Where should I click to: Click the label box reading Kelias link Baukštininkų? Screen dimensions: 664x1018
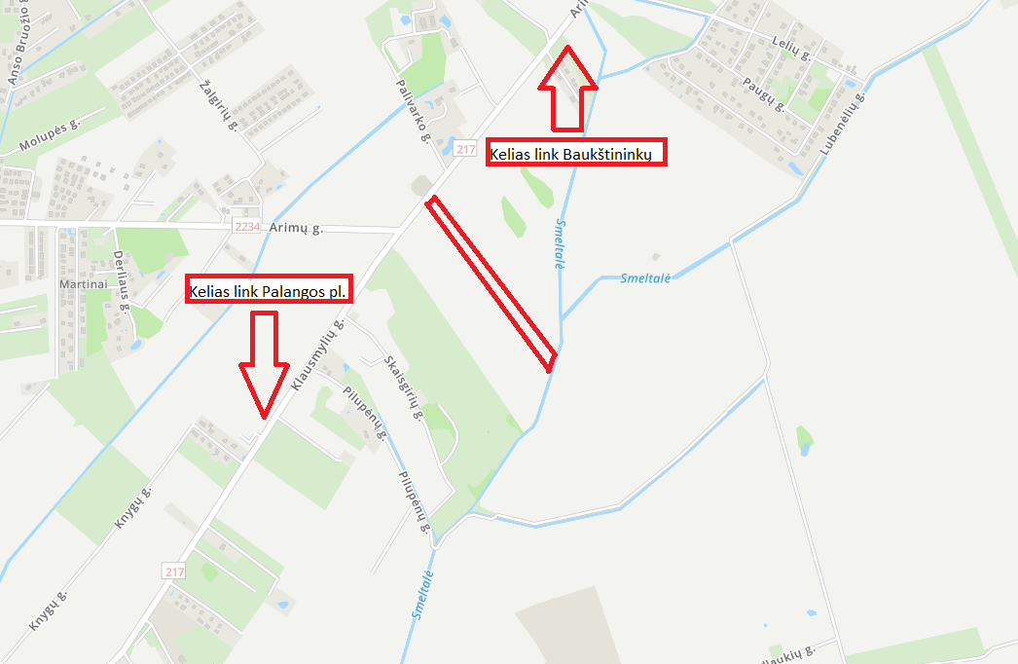click(x=576, y=153)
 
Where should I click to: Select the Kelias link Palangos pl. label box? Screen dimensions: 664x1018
click(x=268, y=289)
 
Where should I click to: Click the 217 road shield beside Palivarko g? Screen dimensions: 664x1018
click(x=464, y=149)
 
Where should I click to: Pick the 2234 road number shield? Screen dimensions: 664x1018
click(x=248, y=227)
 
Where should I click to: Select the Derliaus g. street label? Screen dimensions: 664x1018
click(x=121, y=280)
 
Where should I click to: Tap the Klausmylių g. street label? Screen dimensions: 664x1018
click(x=317, y=356)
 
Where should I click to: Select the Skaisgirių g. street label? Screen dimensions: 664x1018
click(x=402, y=387)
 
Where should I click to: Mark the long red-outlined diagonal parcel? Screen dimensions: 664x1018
click(x=491, y=282)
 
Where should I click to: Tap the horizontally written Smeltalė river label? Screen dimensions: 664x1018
click(x=645, y=277)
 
